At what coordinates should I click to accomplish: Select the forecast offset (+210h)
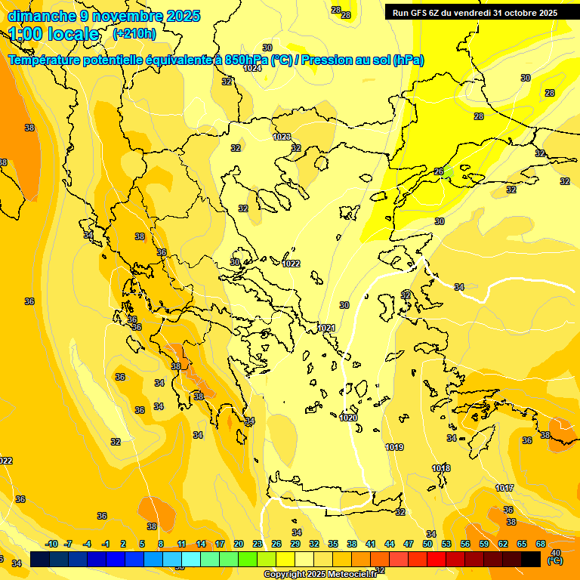pos(134,33)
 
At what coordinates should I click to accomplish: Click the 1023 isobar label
pos(282,137)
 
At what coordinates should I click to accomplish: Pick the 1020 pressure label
pos(348,418)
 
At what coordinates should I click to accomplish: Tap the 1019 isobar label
pos(394,447)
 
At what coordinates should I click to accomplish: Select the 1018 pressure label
pos(441,469)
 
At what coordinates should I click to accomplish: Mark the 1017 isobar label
pos(504,488)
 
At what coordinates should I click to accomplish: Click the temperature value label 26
pos(439,171)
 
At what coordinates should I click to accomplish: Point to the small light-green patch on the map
pos(449,172)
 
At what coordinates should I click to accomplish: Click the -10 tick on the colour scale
pos(51,544)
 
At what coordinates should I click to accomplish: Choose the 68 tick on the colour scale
pos(541,544)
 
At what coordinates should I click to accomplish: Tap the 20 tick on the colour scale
pos(239,544)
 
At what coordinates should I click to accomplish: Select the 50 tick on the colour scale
pos(427,544)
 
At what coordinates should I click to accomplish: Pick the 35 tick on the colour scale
pos(333,544)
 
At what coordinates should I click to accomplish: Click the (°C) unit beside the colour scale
pos(555,561)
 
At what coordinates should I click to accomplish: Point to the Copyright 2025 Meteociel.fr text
pos(320,574)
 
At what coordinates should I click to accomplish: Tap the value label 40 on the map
pos(557,553)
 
